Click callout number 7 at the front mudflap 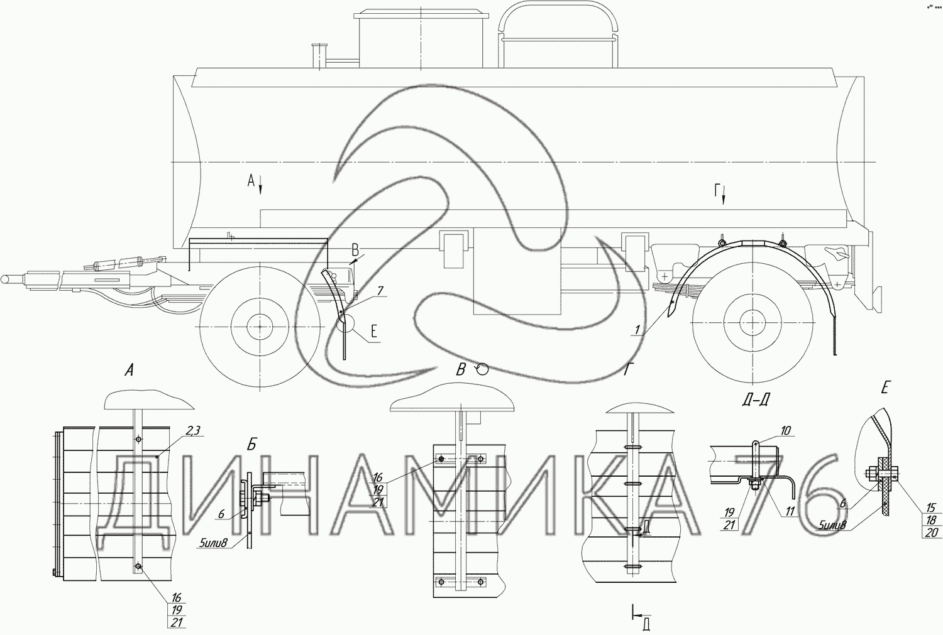point(380,291)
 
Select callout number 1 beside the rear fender point(638,330)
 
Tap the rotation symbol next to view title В point(482,369)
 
